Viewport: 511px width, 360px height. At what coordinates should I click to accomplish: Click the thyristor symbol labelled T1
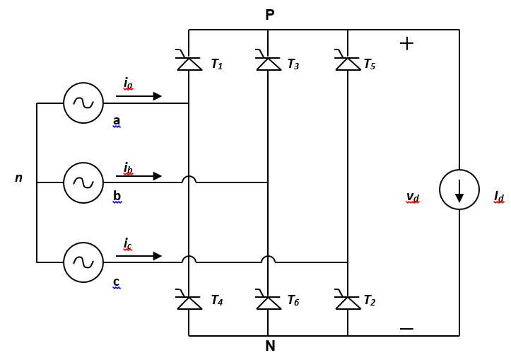189,63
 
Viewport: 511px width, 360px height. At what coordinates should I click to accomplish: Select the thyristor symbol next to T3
269,63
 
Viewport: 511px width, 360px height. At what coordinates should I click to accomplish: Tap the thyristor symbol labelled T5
348,63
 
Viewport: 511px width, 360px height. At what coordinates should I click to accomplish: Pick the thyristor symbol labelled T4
189,301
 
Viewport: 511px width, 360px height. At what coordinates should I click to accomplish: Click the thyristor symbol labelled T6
269,301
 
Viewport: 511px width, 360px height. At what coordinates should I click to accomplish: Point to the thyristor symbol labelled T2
348,301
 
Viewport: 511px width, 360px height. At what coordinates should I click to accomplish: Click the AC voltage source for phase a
83,103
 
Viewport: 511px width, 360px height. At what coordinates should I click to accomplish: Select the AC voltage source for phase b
83,182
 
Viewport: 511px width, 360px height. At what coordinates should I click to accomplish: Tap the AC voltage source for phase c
83,262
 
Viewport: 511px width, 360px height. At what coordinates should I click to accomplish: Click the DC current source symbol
459,190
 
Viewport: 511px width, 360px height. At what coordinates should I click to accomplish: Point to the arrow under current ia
139,96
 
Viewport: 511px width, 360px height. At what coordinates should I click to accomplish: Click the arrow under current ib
139,176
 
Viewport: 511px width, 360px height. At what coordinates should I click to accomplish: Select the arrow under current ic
139,256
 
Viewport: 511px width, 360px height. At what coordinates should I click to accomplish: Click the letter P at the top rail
270,15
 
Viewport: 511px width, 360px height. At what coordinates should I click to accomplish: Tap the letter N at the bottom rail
270,347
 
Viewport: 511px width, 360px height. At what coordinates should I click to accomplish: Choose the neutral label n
19,178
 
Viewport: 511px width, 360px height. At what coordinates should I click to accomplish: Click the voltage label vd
413,197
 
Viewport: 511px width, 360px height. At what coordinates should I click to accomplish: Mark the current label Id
499,197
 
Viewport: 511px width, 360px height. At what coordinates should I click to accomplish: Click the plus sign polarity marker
406,43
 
